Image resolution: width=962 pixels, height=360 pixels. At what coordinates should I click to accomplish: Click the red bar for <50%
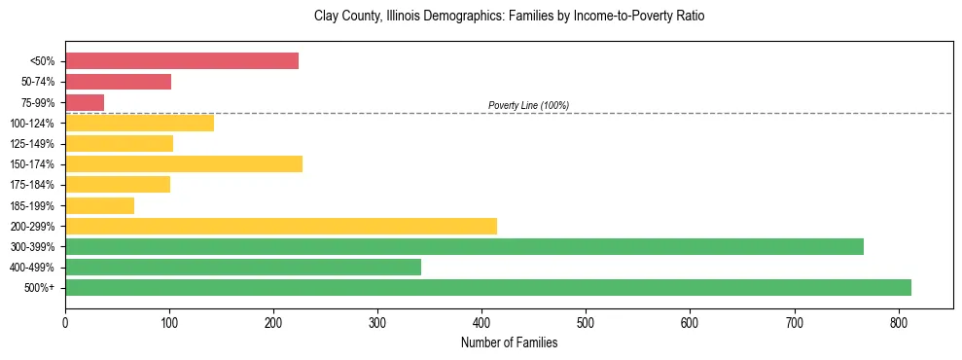(x=182, y=60)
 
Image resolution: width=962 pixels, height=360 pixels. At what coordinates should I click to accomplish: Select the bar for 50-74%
(x=118, y=82)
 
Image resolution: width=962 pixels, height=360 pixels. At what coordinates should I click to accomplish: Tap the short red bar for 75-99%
(x=85, y=102)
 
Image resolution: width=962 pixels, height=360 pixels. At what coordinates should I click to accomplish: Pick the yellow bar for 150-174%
(x=184, y=163)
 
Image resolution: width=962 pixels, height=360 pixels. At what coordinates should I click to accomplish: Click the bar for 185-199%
(x=99, y=205)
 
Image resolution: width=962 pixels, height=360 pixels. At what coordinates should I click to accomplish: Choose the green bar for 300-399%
(x=464, y=246)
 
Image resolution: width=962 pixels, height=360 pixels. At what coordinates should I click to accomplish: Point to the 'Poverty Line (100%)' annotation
(x=528, y=105)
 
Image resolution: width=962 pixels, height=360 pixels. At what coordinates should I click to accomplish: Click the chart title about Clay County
(x=509, y=17)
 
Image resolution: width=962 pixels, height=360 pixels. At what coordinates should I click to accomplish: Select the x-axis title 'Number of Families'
(x=509, y=342)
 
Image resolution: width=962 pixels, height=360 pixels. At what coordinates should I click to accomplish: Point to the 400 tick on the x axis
(x=481, y=323)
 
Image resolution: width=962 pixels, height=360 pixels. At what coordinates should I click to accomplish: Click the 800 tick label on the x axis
(x=899, y=323)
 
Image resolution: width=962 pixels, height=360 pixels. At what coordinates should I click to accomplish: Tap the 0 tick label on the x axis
(x=65, y=323)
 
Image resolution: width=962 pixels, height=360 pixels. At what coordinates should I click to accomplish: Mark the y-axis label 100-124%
(x=32, y=124)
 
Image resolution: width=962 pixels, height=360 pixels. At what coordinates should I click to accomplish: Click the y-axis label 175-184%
(x=32, y=185)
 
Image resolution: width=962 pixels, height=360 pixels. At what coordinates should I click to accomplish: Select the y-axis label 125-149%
(x=32, y=144)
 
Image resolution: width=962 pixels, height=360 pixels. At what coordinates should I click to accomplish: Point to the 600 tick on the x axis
(x=690, y=323)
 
